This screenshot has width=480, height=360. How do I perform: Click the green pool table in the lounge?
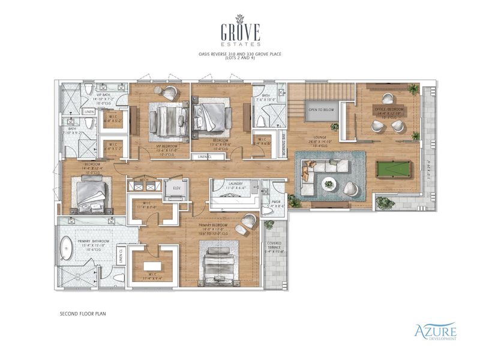[394, 169]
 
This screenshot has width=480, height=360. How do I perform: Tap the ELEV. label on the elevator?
[177, 187]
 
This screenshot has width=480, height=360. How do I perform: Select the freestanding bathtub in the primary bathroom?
[66, 248]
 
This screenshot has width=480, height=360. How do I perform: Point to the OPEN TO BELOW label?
[321, 110]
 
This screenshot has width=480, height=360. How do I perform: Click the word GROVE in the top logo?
[240, 29]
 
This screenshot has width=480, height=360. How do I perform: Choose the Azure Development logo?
[435, 331]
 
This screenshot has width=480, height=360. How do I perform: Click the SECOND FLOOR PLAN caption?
[83, 313]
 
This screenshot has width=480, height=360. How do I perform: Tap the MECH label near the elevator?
[144, 179]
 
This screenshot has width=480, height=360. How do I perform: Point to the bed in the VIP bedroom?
[162, 118]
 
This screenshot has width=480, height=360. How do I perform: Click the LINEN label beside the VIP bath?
[89, 112]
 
